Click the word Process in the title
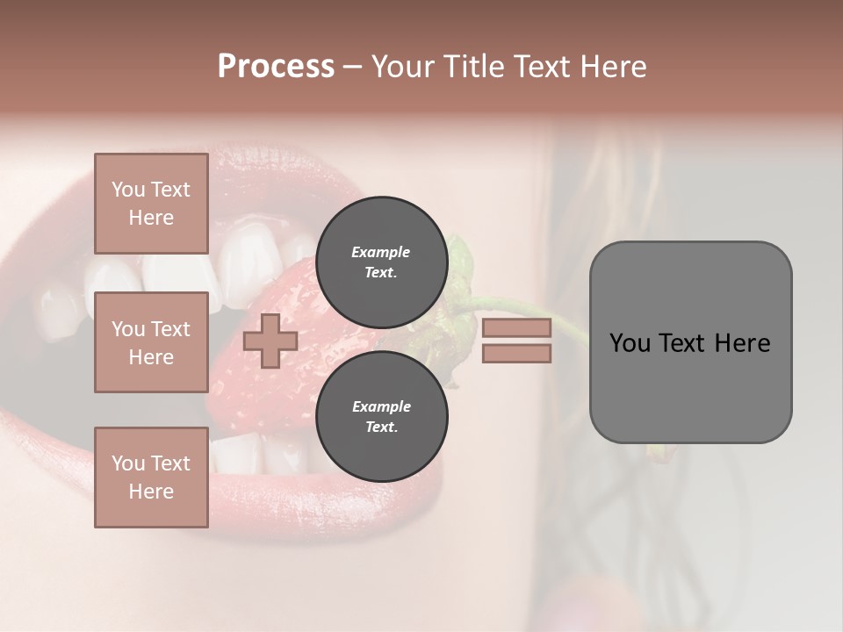tap(276, 67)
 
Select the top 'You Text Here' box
tap(151, 204)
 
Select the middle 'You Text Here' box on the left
tap(151, 342)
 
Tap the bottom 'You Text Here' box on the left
tap(151, 477)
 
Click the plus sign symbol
tap(270, 341)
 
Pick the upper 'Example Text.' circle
tap(381, 262)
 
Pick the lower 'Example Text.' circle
tap(381, 416)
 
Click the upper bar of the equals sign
tap(516, 327)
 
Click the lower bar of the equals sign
tap(516, 353)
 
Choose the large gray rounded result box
tap(690, 342)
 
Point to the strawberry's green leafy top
tap(460, 263)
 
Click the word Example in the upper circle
tap(381, 252)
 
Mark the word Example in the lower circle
tap(381, 406)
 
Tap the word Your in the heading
tap(400, 67)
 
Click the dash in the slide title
tap(353, 67)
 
